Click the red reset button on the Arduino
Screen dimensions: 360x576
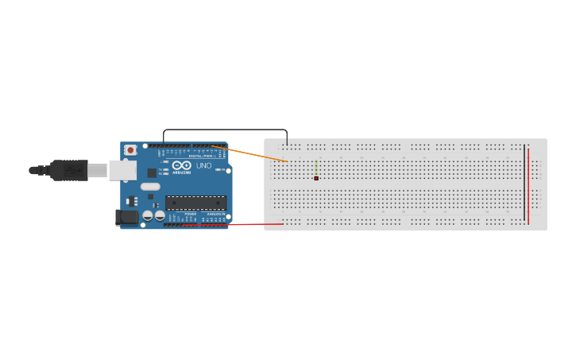[x=130, y=150]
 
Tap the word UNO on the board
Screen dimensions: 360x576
[x=203, y=165]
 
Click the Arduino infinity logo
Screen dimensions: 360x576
[x=181, y=165]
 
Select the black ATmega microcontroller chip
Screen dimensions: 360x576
[x=195, y=203]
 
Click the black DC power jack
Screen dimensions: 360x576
[x=127, y=216]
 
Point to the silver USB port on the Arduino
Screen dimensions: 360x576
[x=122, y=169]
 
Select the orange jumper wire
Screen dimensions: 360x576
[x=254, y=154]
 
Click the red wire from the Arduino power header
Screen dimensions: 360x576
[x=238, y=224]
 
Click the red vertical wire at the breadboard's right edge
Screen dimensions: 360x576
[x=528, y=187]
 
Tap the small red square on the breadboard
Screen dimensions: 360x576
[x=316, y=178]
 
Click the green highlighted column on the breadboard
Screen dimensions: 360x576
[x=316, y=168]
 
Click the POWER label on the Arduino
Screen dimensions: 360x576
[x=191, y=214]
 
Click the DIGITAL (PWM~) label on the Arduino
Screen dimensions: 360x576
[x=202, y=156]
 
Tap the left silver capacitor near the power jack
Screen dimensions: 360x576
[x=147, y=215]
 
